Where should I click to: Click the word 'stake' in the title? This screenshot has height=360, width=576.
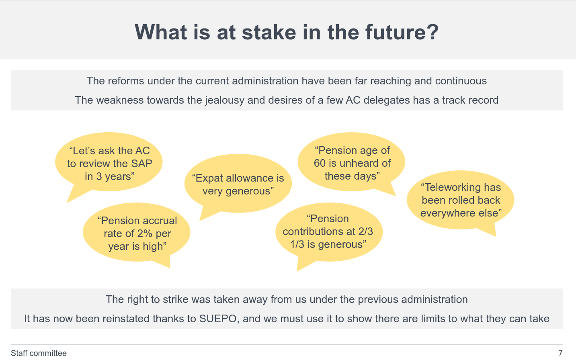pyautogui.click(x=269, y=32)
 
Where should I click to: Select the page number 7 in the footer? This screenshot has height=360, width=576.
pyautogui.click(x=560, y=353)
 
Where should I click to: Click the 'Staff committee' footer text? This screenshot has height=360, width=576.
pyautogui.click(x=39, y=353)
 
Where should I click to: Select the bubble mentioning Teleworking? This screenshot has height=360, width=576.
pyautogui.click(x=461, y=200)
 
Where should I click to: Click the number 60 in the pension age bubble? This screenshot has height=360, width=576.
pyautogui.click(x=320, y=163)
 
